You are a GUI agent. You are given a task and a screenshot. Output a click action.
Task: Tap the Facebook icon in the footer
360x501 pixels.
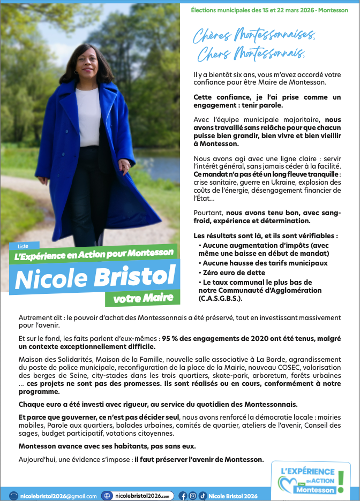[182, 496]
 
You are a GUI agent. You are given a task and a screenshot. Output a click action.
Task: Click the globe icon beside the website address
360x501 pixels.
[108, 496]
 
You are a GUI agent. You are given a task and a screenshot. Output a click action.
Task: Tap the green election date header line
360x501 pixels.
[269, 10]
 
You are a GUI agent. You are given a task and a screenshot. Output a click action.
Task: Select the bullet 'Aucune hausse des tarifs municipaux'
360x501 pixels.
[265, 263]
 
